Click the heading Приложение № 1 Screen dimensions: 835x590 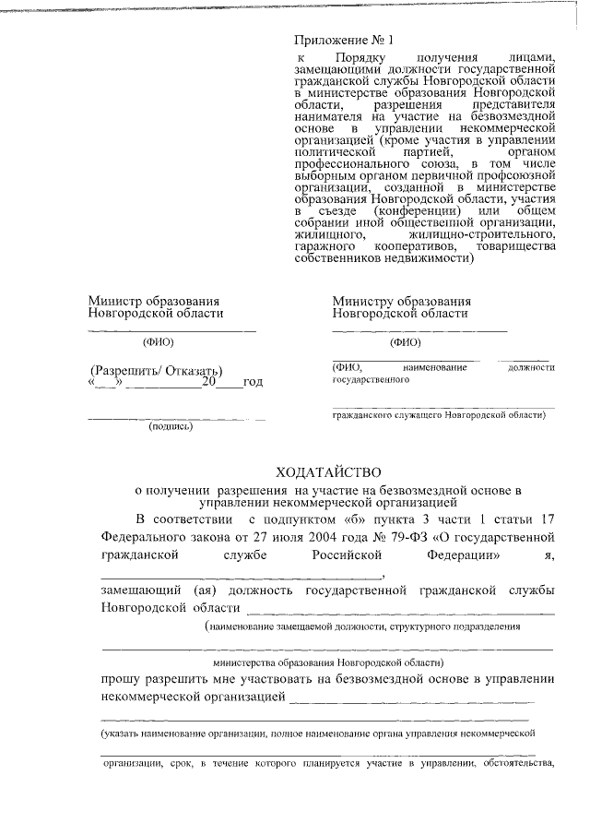(x=343, y=41)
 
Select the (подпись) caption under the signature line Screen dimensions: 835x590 (x=171, y=426)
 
